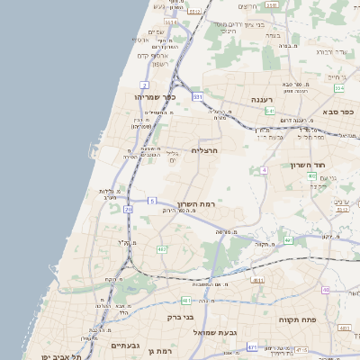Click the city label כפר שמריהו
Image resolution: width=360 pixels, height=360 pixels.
154,96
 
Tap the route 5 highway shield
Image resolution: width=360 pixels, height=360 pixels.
153,200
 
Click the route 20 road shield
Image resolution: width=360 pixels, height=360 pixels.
128,209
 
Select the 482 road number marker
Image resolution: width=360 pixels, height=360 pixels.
162,248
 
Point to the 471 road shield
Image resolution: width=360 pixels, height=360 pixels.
253,346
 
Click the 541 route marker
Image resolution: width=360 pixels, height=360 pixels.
269,111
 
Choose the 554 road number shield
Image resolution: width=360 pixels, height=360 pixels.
338,88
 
